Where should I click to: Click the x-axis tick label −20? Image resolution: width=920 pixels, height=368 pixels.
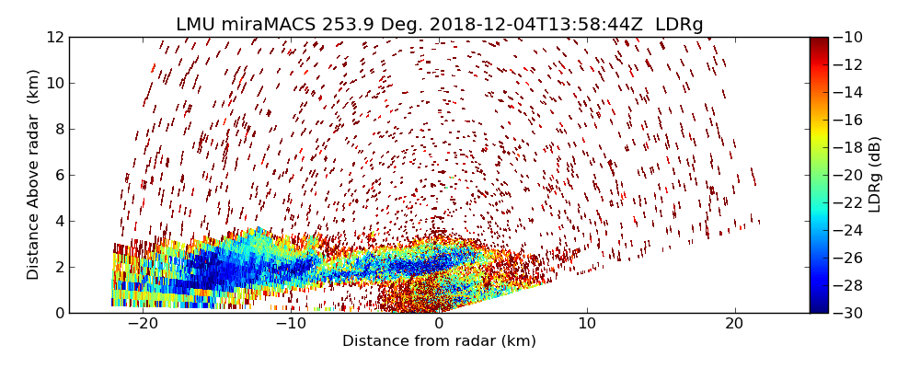click(143, 325)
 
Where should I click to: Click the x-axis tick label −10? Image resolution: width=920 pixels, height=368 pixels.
click(291, 325)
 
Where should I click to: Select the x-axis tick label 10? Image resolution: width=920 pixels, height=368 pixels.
click(586, 325)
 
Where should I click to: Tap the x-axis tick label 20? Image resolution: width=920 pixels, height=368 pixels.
click(734, 325)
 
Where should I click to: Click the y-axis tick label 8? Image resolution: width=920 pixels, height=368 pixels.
click(59, 129)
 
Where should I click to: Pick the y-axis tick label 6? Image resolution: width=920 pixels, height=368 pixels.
click(59, 175)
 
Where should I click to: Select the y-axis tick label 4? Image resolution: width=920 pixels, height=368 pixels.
click(59, 221)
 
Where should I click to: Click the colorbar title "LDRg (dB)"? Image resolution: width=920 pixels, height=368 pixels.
click(875, 175)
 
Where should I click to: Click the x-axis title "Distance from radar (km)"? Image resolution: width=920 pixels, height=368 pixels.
click(439, 341)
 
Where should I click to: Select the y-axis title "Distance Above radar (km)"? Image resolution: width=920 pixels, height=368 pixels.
click(34, 175)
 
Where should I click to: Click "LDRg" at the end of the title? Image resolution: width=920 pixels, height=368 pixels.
click(679, 25)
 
